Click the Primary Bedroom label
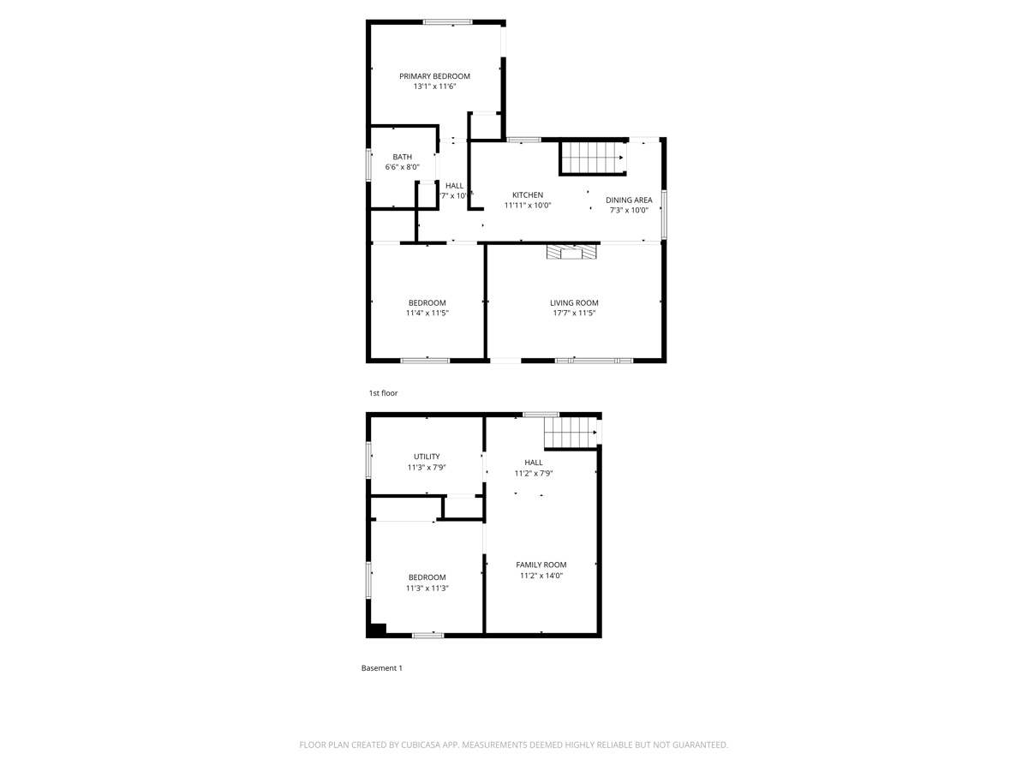point(434,76)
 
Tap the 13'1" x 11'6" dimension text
point(434,87)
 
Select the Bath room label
point(402,157)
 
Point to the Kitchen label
point(527,195)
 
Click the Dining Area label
point(629,200)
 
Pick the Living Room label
point(574,302)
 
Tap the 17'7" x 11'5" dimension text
point(574,314)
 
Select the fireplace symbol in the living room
point(572,252)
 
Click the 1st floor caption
point(383,393)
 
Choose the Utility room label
point(427,457)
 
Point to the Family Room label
point(541,565)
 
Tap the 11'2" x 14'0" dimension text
point(541,576)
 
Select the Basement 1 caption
point(381,668)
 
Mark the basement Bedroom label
point(427,577)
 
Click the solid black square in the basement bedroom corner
point(377,629)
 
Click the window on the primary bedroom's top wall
point(447,22)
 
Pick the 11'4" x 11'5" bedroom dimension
point(427,314)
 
